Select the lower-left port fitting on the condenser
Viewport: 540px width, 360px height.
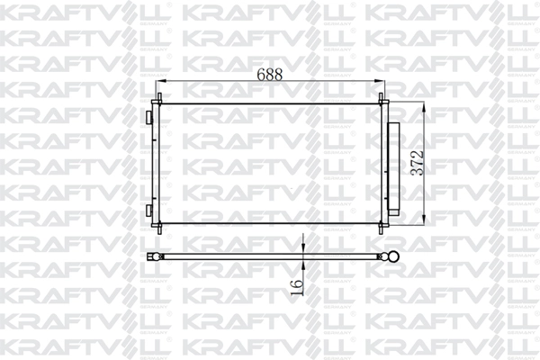point(149,210)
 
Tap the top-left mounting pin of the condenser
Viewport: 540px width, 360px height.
point(159,98)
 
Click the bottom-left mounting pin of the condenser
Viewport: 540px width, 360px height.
point(159,229)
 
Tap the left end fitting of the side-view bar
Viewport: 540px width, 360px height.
point(155,256)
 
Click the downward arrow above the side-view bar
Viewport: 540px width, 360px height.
point(304,247)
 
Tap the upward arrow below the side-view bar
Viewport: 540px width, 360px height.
point(304,266)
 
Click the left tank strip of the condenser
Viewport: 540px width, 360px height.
point(157,163)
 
